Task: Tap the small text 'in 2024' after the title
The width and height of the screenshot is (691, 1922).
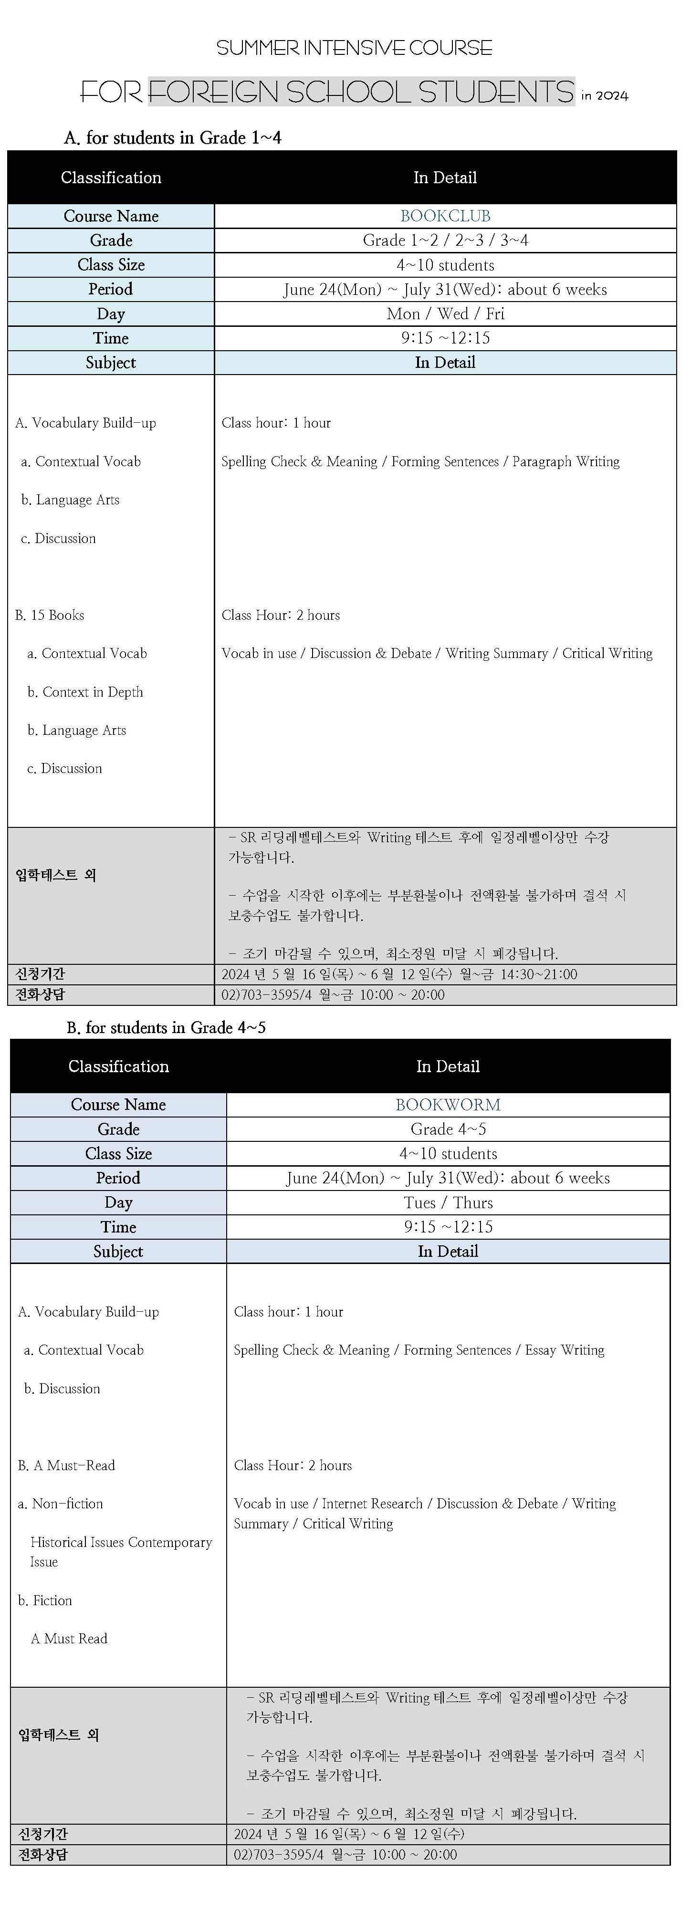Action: tap(605, 95)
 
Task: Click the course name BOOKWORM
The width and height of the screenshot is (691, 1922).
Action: tap(448, 1104)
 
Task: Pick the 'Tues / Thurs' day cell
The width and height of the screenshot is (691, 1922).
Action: tap(448, 1203)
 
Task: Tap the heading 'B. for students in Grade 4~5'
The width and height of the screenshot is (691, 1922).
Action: tap(166, 1027)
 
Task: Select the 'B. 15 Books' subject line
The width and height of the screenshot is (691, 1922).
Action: tap(49, 615)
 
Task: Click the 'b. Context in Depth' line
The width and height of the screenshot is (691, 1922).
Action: tap(85, 692)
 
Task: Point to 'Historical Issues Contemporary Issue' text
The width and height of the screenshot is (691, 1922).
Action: tap(120, 1551)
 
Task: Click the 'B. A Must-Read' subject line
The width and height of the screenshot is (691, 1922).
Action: tap(66, 1464)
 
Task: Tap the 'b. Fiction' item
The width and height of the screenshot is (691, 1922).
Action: tap(45, 1599)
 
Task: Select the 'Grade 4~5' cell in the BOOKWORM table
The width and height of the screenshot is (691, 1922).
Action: tap(448, 1129)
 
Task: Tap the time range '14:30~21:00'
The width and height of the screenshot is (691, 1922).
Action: tap(538, 974)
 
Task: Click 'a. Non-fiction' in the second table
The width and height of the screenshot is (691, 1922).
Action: tap(61, 1504)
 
